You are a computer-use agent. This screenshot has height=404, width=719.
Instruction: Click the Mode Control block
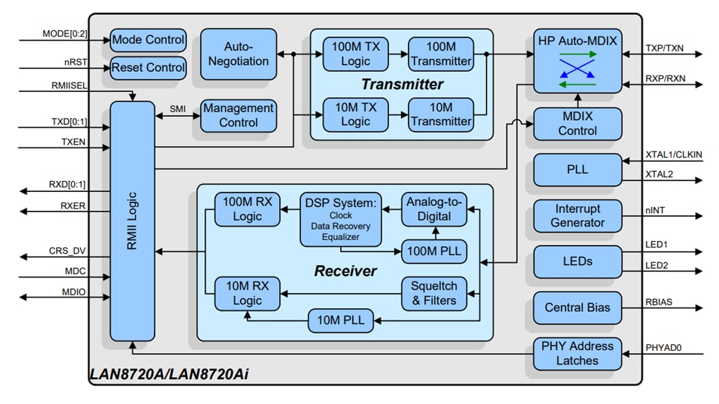click(x=148, y=40)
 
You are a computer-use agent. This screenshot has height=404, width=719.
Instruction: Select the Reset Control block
click(x=148, y=68)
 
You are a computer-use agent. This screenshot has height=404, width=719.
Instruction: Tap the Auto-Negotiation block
click(x=237, y=54)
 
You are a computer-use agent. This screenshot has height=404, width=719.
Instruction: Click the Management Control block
click(x=238, y=116)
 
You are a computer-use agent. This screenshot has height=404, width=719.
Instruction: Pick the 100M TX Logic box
click(x=355, y=54)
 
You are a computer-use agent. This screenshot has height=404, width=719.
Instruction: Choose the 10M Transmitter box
click(x=441, y=114)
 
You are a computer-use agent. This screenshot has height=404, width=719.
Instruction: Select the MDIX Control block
click(x=577, y=124)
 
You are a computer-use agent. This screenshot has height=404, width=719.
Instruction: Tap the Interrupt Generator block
click(x=577, y=216)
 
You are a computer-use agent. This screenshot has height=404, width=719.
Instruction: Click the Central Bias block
click(x=577, y=308)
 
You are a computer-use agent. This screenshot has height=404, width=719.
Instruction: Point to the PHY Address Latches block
click(x=577, y=353)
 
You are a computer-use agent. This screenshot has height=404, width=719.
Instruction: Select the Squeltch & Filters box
click(x=434, y=293)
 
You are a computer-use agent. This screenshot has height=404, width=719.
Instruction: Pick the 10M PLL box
click(x=341, y=321)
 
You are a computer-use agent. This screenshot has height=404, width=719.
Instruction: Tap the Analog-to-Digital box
click(x=434, y=209)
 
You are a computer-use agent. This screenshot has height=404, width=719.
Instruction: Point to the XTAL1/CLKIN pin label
click(x=673, y=155)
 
